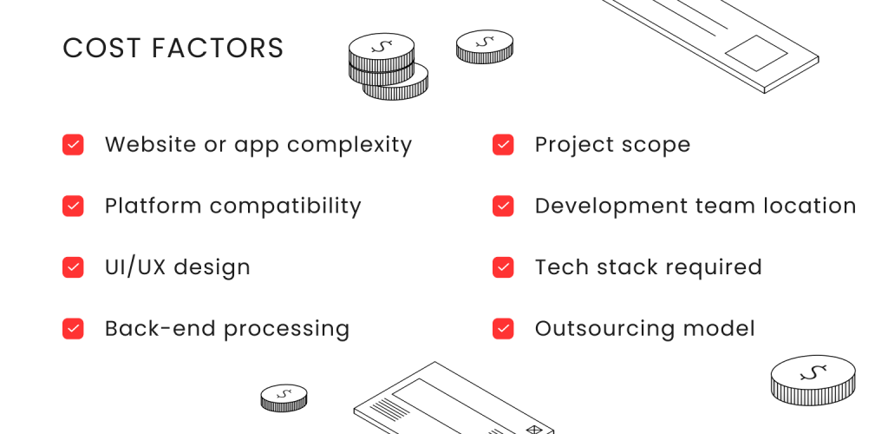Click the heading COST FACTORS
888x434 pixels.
click(x=173, y=48)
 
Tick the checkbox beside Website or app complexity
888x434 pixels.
click(x=73, y=144)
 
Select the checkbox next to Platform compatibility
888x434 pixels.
click(x=73, y=206)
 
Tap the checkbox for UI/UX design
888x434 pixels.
click(x=73, y=266)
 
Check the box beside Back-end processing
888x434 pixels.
click(x=73, y=329)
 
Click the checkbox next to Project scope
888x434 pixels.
click(x=503, y=144)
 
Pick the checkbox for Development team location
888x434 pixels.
click(x=503, y=206)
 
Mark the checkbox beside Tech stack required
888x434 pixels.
click(x=503, y=266)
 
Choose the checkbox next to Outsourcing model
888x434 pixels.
click(x=503, y=329)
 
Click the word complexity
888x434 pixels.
click(x=349, y=146)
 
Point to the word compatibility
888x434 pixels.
click(x=285, y=207)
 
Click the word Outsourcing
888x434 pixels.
click(x=605, y=330)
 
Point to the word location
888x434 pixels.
click(x=810, y=206)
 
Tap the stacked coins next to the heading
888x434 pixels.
click(x=388, y=66)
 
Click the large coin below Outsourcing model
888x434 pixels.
click(x=813, y=379)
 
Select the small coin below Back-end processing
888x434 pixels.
click(x=284, y=398)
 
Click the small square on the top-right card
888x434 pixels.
click(x=756, y=53)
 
